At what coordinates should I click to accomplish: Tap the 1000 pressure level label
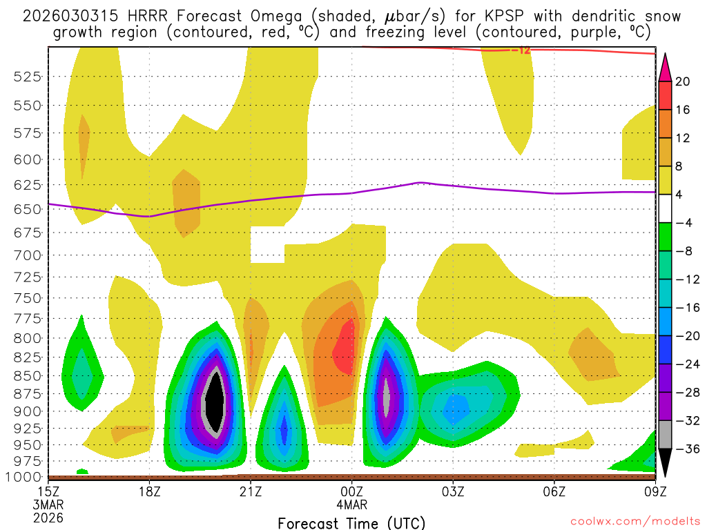click(25, 476)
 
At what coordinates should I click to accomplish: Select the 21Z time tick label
click(251, 493)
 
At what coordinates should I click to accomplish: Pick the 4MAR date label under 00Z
click(352, 505)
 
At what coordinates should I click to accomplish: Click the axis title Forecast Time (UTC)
click(351, 522)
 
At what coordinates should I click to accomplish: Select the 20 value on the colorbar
click(683, 81)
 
